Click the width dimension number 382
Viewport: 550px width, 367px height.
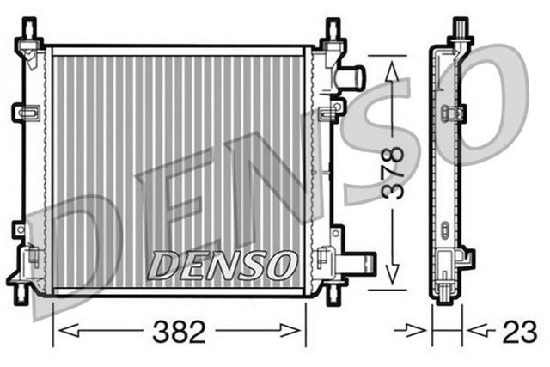click(180, 331)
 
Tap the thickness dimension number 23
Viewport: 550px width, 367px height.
click(518, 331)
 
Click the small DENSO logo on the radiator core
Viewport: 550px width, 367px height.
click(221, 265)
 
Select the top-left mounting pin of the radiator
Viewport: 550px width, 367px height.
click(31, 30)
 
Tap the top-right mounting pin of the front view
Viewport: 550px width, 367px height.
click(331, 30)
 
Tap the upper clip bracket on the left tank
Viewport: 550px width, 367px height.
click(26, 113)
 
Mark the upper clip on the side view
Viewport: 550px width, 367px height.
click(452, 113)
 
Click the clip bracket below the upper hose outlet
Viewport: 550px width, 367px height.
click(329, 113)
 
